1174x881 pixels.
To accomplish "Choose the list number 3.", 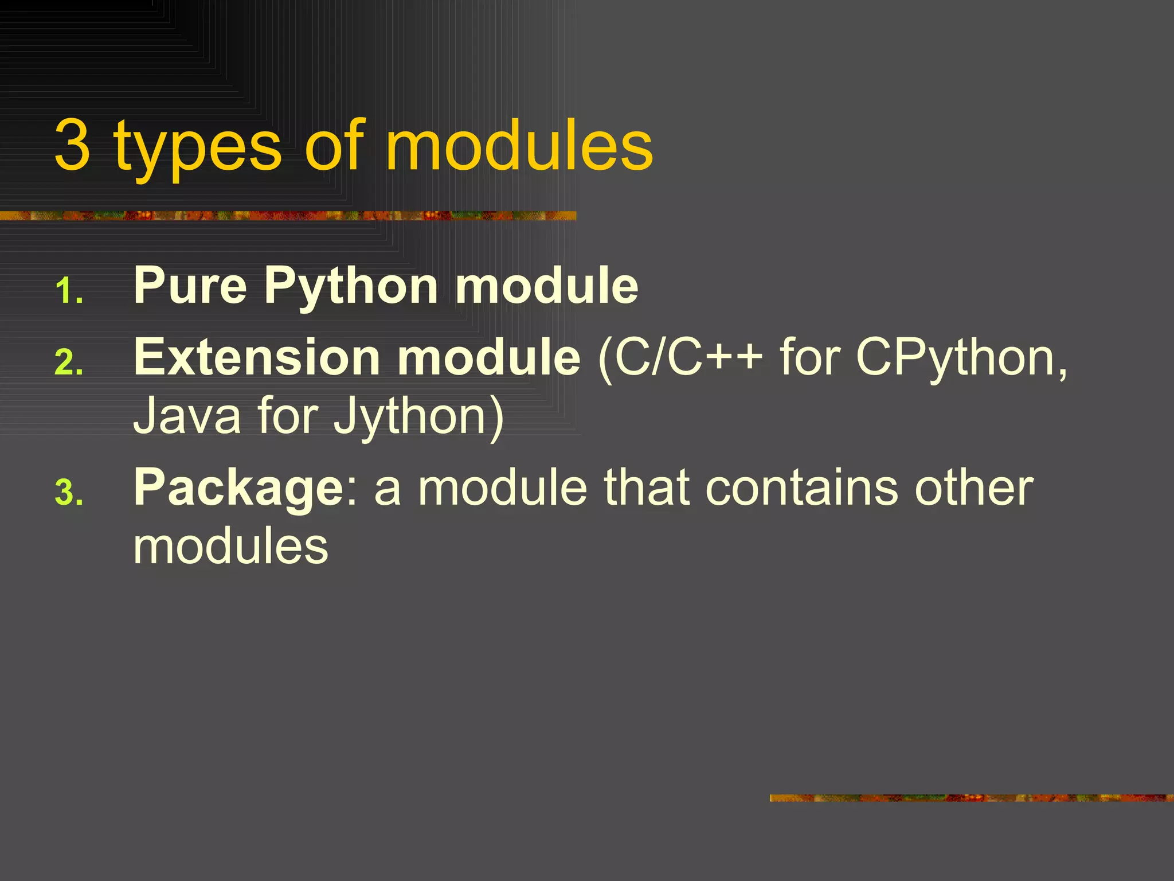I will pyautogui.click(x=69, y=493).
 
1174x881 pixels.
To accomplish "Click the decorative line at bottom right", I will pyautogui.click(x=971, y=798).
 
